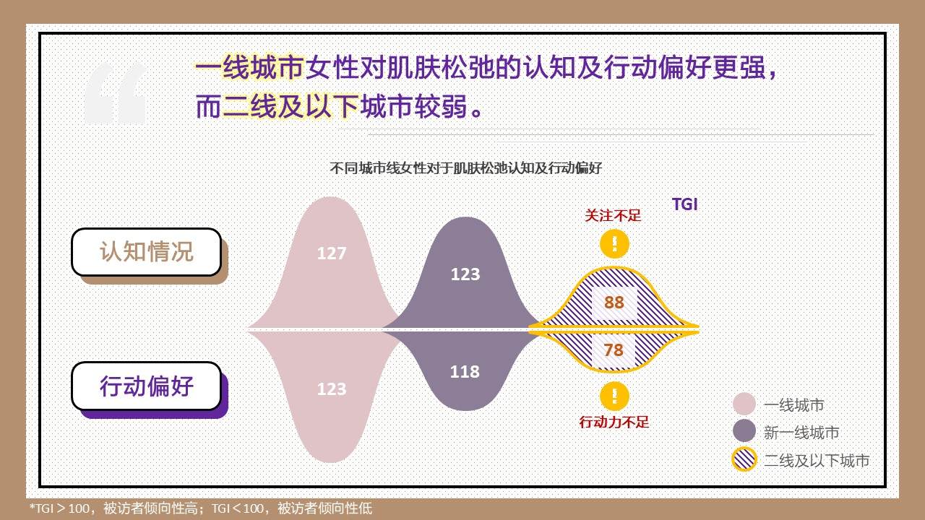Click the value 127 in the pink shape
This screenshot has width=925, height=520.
(332, 253)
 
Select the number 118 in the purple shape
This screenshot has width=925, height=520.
(465, 372)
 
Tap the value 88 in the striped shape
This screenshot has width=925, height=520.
(614, 303)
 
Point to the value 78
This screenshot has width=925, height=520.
(614, 350)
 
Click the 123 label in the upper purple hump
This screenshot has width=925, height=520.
(465, 274)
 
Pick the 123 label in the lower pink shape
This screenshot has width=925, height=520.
(332, 389)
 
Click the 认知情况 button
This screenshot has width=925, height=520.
(147, 252)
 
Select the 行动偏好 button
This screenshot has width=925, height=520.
(147, 386)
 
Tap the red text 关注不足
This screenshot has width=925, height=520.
(613, 215)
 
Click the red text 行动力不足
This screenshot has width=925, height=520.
(614, 422)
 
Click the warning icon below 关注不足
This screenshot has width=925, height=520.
(614, 244)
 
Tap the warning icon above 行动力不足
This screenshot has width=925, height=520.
(614, 396)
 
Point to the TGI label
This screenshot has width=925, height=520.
(684, 204)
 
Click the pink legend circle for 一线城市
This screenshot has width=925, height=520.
(744, 404)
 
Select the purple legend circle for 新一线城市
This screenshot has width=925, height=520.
(744, 431)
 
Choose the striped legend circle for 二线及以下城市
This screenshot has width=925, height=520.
(744, 459)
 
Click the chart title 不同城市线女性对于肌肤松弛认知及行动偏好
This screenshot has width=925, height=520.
(466, 168)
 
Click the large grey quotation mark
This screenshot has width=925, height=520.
(116, 92)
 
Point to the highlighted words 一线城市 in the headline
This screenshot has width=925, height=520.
(250, 67)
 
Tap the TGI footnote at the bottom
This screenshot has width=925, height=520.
(201, 508)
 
